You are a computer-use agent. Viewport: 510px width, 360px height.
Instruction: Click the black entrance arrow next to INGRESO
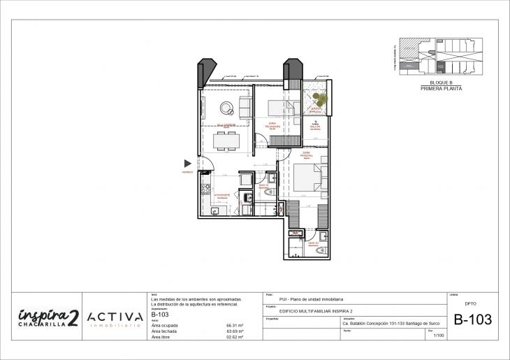coord(187,163)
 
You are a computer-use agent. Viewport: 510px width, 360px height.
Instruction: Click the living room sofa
coord(245,108)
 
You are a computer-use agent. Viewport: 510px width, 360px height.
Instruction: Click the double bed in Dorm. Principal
coord(308,178)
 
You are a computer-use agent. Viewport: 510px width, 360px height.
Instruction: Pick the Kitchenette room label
coord(223,195)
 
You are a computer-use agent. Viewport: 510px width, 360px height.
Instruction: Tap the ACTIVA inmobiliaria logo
coord(116,318)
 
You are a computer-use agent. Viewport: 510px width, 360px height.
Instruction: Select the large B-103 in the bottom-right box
coord(472,320)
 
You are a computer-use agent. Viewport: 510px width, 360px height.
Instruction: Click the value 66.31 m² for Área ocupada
coord(234,326)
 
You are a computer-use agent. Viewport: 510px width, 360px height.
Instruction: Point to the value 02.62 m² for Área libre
coord(234,337)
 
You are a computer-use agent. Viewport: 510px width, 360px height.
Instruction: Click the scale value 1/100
coord(438,336)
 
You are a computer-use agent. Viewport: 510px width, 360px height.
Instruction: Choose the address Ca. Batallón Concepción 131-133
coord(370,324)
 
